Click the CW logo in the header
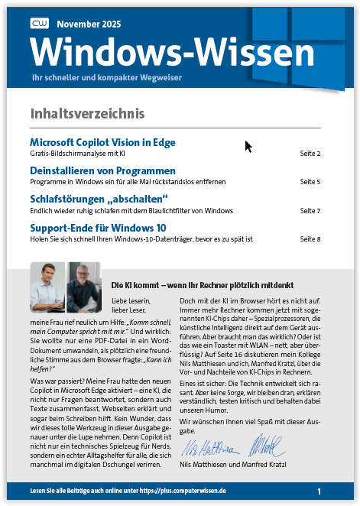39,25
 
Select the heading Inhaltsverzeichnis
87,114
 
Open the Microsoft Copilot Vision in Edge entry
102,142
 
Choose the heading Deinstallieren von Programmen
102,170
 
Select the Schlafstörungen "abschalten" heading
99,199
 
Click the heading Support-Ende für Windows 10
98,228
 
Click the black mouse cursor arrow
248,147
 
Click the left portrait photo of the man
47,284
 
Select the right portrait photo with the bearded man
84,284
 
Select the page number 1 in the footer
319,491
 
